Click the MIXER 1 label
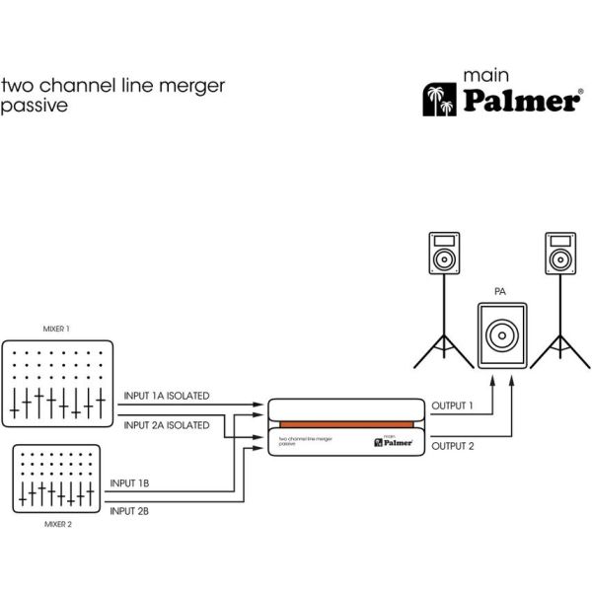(x=57, y=328)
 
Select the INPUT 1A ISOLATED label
(x=166, y=396)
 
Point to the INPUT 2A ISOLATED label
(x=166, y=425)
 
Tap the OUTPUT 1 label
(x=452, y=406)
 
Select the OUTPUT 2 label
(x=452, y=446)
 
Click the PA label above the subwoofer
(x=501, y=293)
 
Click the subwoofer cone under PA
(x=501, y=334)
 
